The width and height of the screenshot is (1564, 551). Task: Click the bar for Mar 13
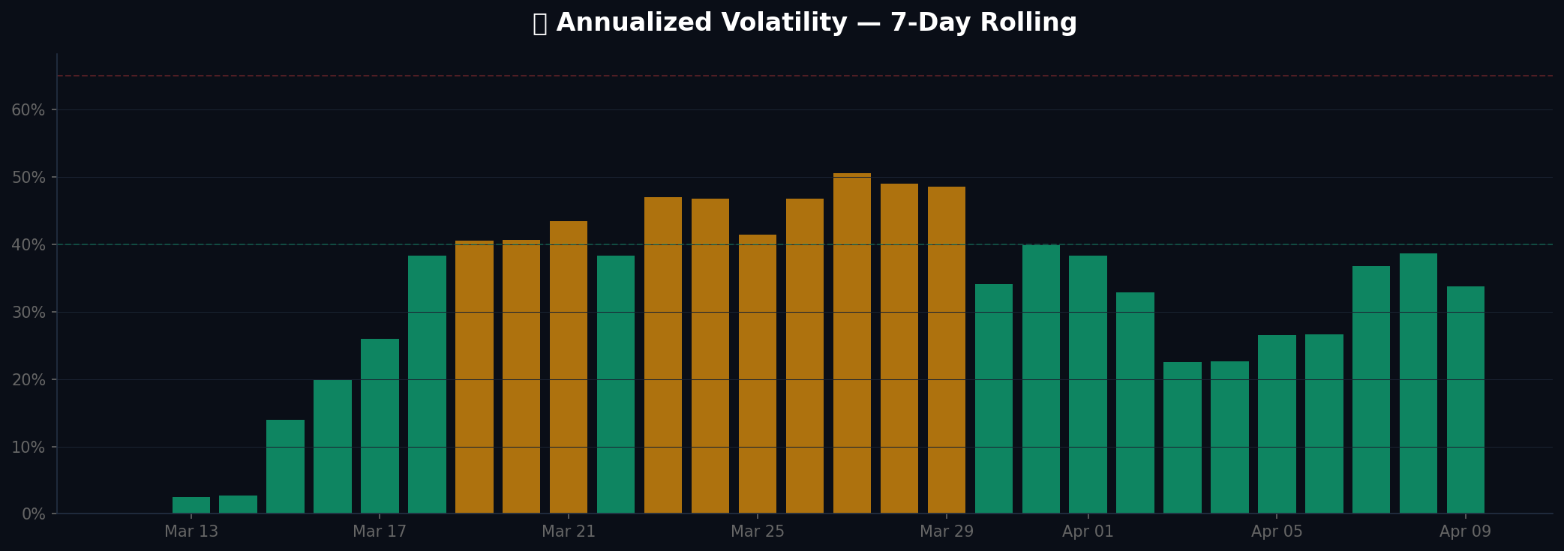tap(191, 505)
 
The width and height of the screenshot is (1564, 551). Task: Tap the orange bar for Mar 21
tap(569, 367)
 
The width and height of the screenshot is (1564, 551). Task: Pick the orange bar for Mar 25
tap(758, 374)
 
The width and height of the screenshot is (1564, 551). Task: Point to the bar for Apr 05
tap(1277, 424)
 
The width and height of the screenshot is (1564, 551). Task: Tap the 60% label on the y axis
tap(29, 110)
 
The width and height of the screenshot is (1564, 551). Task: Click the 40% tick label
tap(29, 245)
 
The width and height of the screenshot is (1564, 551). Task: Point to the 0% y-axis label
tap(32, 514)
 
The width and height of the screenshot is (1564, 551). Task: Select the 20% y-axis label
tap(29, 380)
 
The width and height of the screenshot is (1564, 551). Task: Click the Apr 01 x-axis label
tap(1088, 532)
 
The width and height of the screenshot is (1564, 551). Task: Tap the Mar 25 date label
tap(758, 532)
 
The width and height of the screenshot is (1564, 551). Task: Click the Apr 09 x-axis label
tap(1466, 532)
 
